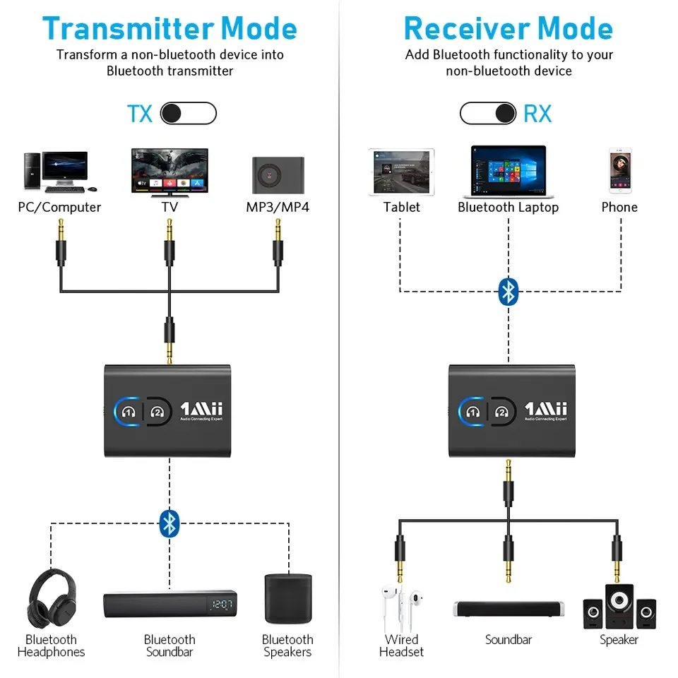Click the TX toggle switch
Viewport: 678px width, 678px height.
point(188,114)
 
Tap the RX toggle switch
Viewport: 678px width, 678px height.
point(487,114)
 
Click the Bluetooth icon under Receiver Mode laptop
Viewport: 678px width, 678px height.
point(509,291)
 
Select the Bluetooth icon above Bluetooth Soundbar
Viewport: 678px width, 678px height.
point(169,523)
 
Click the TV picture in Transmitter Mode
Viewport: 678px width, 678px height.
point(169,171)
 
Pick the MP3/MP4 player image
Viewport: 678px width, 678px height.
point(278,174)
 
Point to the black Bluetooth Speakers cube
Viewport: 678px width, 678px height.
point(287,598)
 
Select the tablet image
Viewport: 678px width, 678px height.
point(400,172)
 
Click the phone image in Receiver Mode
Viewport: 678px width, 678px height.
point(619,170)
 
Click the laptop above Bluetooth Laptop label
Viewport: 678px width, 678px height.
point(509,172)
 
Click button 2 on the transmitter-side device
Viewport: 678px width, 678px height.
point(157,411)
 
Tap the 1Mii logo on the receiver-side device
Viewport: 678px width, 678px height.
point(546,409)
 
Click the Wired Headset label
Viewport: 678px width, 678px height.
point(401,646)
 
